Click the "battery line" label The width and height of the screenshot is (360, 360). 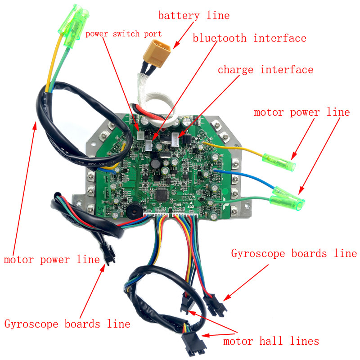coord(193,16)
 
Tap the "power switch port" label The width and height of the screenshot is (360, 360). coord(124,33)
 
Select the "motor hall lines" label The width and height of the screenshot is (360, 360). coord(271,341)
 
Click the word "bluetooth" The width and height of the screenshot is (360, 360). coord(220,38)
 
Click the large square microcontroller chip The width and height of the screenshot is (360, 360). coord(161,195)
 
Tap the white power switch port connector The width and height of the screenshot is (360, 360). coord(140,135)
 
